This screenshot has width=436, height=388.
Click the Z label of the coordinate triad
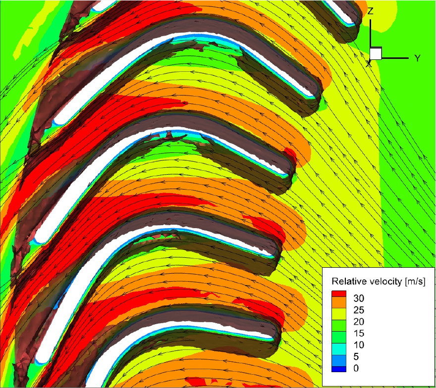(x=370, y=11)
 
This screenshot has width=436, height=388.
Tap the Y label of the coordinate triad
(x=417, y=58)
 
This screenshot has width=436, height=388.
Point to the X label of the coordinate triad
(x=369, y=64)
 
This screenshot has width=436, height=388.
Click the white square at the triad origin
(x=376, y=53)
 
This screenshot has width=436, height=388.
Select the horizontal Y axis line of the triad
(x=395, y=58)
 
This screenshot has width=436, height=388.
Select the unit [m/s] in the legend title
(x=415, y=282)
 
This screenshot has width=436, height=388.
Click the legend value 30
(x=359, y=298)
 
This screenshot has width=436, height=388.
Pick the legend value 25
(x=359, y=310)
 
